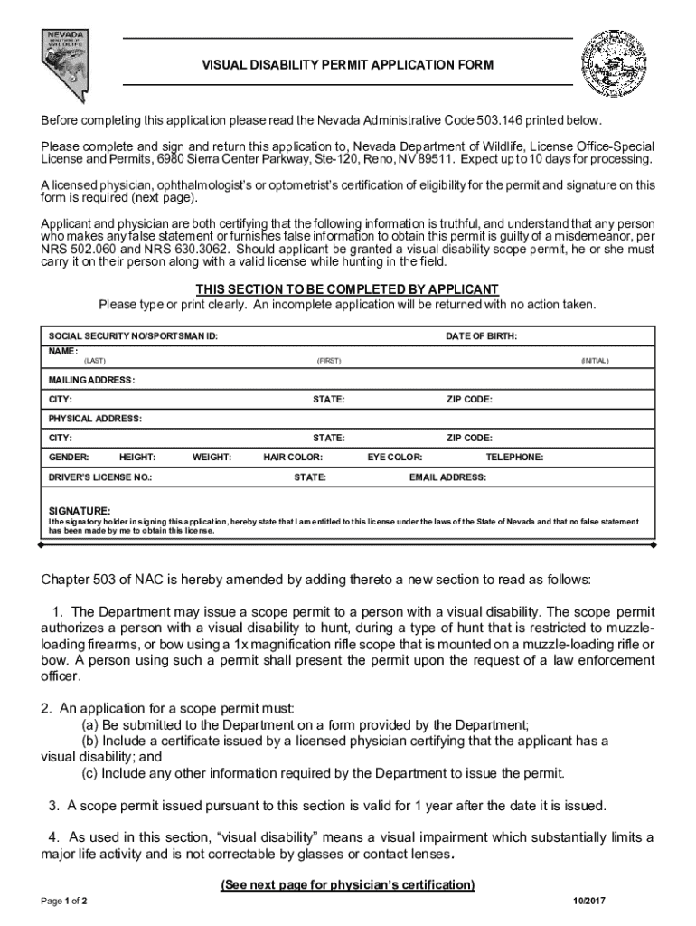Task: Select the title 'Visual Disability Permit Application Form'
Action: pyautogui.click(x=347, y=65)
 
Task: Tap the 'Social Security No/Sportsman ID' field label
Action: pyautogui.click(x=133, y=336)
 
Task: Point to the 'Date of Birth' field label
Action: pyautogui.click(x=482, y=336)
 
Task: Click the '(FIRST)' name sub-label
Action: pyautogui.click(x=328, y=361)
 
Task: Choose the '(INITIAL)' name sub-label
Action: pyautogui.click(x=595, y=361)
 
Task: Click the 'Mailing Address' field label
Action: pyautogui.click(x=91, y=380)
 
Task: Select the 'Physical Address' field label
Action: pyautogui.click(x=95, y=419)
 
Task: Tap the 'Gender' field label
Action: pyautogui.click(x=68, y=458)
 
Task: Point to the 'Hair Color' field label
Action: pyautogui.click(x=293, y=458)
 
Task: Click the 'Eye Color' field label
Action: pyautogui.click(x=394, y=458)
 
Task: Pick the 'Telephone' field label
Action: pyautogui.click(x=514, y=458)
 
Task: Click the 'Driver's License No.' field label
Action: pyautogui.click(x=100, y=477)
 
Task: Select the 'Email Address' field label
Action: pyautogui.click(x=447, y=477)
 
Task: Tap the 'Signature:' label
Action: pyautogui.click(x=80, y=511)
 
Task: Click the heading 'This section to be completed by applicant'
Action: pyautogui.click(x=347, y=289)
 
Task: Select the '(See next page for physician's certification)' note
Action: pyautogui.click(x=347, y=884)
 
